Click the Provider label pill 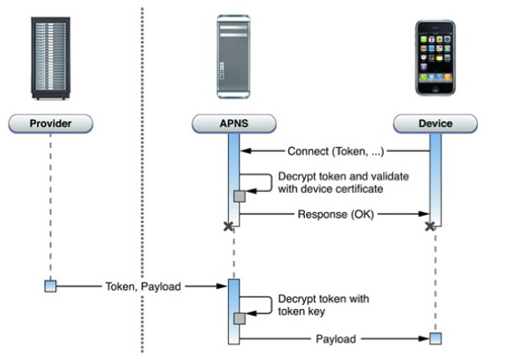pos(51,124)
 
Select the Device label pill pos(434,124)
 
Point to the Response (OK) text pos(336,214)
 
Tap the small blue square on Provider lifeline pos(50,286)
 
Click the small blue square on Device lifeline pos(434,338)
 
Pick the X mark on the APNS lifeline pos(227,226)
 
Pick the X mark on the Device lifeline pos(429,226)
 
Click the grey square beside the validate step pos(240,195)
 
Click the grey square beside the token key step pos(240,318)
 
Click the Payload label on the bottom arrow pos(336,339)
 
